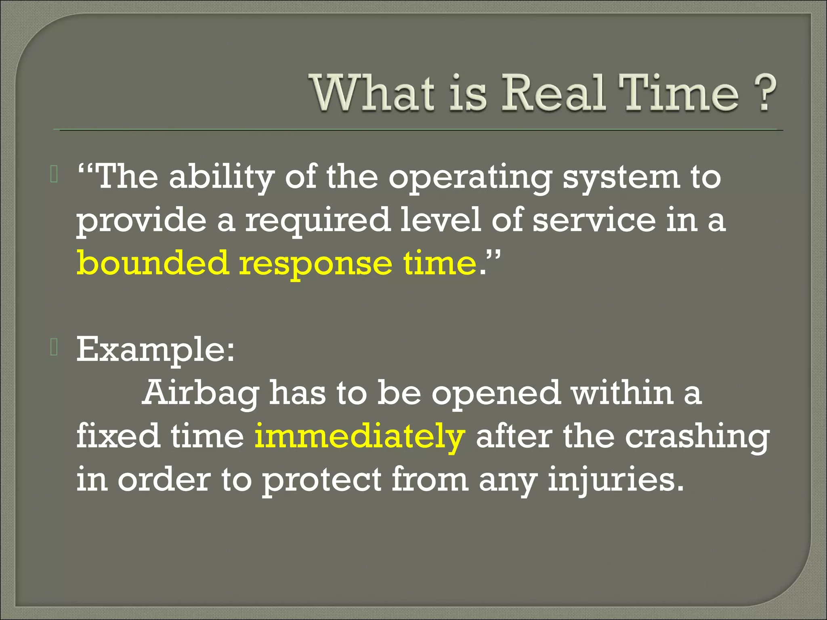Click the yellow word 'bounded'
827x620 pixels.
tap(153, 263)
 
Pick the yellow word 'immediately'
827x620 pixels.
tap(359, 437)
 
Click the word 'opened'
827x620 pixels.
tap(496, 394)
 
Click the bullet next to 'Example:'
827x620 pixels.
tap(54, 347)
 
